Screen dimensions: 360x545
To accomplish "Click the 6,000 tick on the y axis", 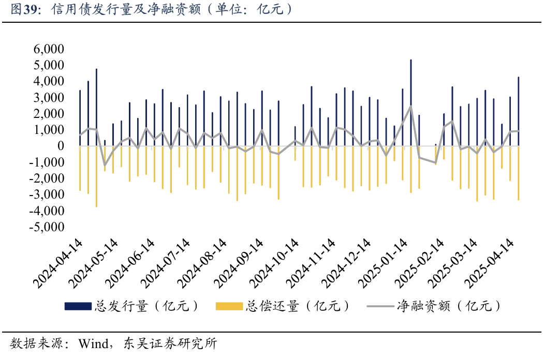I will click(x=48, y=49).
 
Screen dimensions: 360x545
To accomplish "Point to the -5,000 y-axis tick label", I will click(x=46, y=227).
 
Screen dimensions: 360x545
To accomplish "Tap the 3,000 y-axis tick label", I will click(x=48, y=98).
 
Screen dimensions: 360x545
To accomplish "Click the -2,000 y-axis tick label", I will click(x=46, y=178).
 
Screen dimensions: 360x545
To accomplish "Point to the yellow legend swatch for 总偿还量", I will click(x=229, y=306).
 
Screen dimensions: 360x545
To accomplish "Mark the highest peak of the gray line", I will click(x=411, y=106).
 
